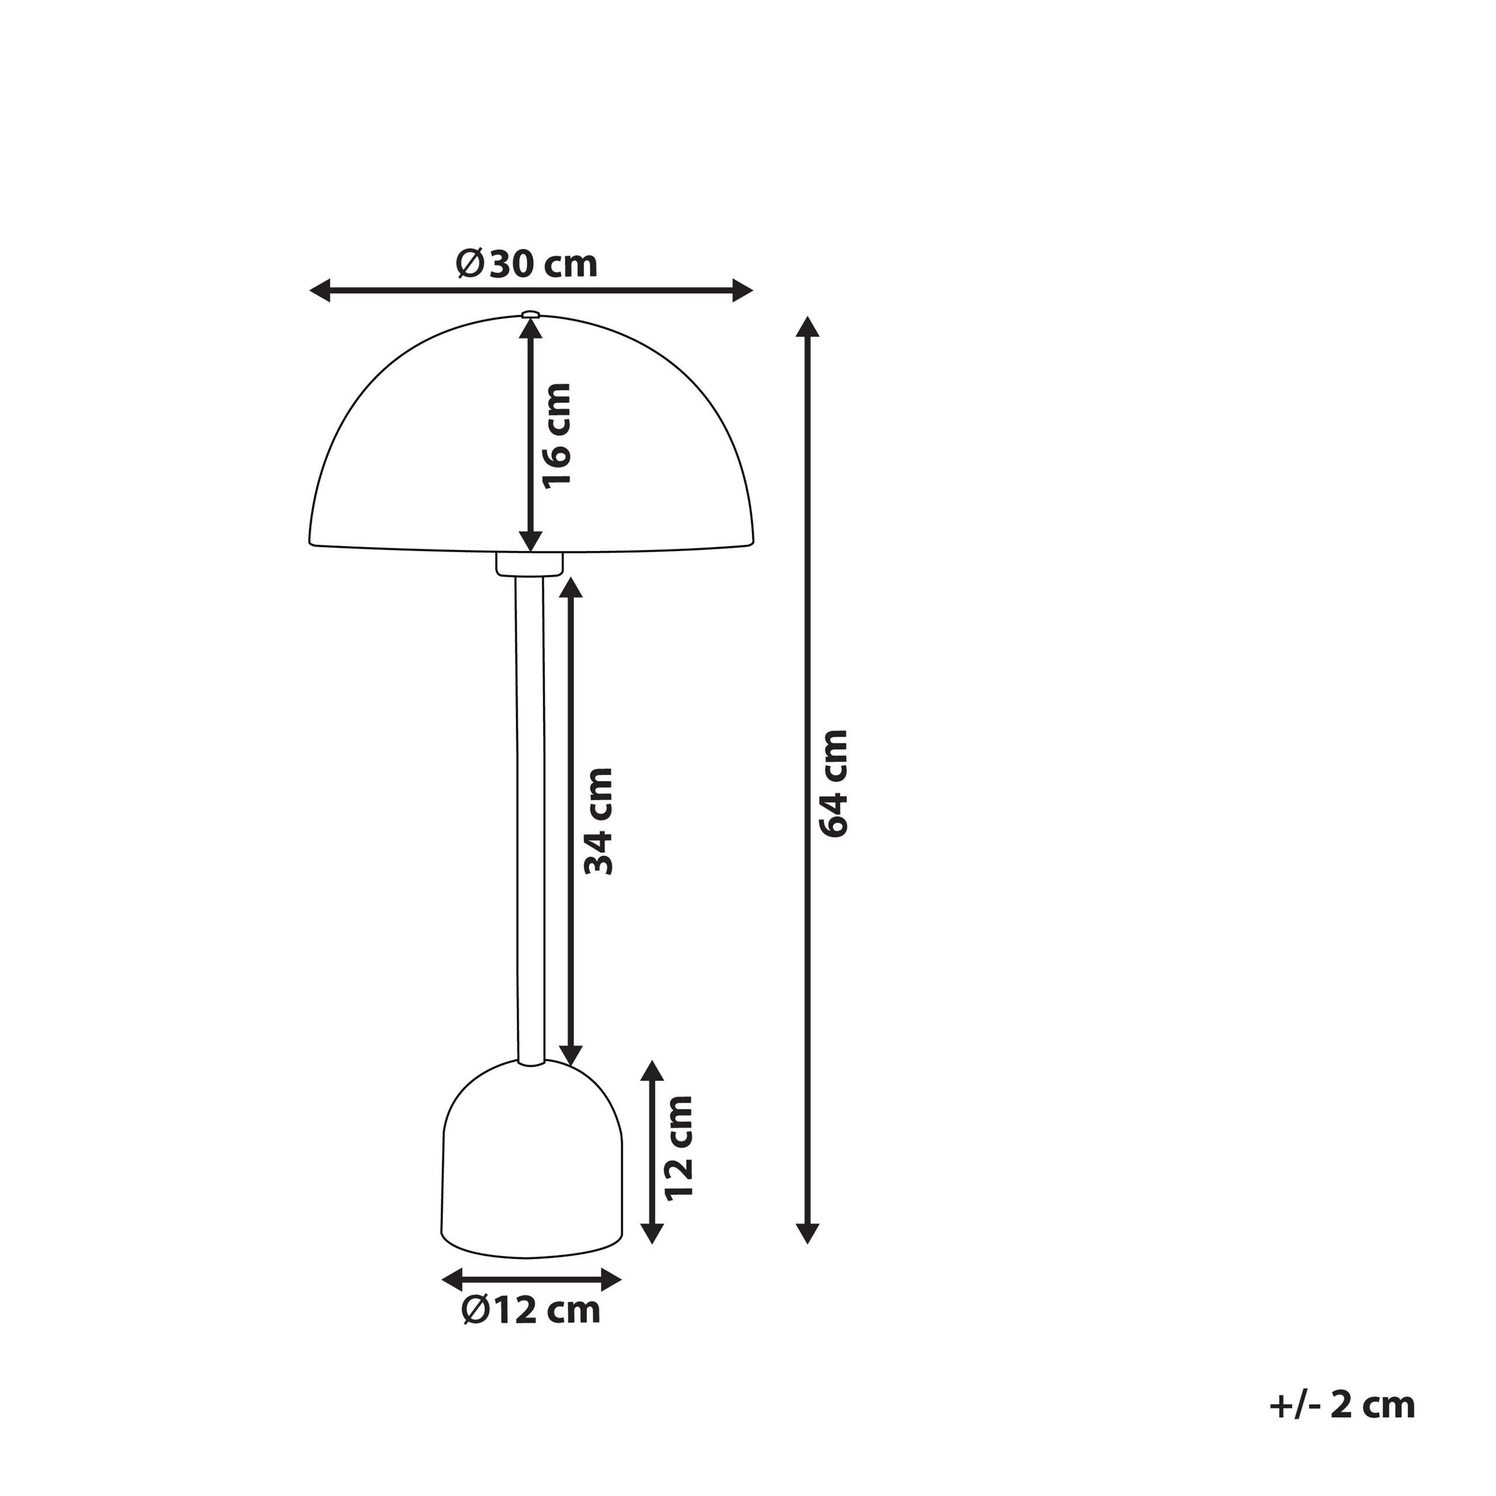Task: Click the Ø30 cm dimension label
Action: click(527, 264)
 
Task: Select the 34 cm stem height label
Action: click(598, 822)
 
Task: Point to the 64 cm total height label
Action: click(834, 784)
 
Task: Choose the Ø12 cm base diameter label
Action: click(531, 1311)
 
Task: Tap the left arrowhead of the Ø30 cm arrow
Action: click(320, 291)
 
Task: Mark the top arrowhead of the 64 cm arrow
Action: click(808, 327)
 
